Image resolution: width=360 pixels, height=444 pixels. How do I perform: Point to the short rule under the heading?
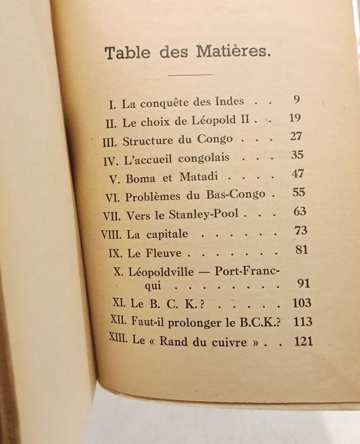coord(191,74)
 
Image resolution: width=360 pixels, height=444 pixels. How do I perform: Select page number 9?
coord(297,100)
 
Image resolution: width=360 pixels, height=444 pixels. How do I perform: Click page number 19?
coord(294,119)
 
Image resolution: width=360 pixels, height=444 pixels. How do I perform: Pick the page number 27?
coord(296,137)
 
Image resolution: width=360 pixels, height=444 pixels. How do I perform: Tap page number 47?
coord(298,174)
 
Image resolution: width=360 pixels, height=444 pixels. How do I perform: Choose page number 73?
coord(301,230)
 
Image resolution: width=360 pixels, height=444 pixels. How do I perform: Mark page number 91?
coord(303,284)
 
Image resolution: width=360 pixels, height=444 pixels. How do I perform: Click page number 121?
coord(303,341)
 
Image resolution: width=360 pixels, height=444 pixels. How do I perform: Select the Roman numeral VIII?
coord(111,234)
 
